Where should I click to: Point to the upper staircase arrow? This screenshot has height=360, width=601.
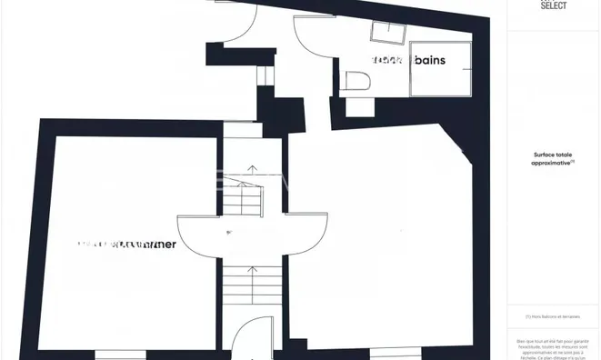252,173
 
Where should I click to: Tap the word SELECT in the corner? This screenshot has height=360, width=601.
554,5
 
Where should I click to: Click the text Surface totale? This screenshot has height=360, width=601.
554,155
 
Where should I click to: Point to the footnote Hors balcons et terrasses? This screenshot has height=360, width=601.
554,317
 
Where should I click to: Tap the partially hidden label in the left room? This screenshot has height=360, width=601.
127,245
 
